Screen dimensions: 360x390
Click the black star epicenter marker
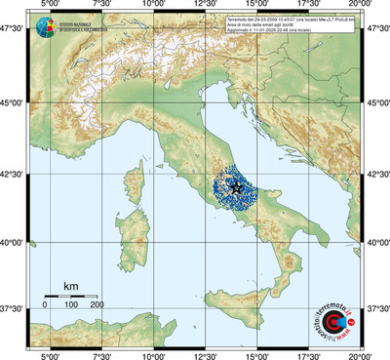coord(235,184)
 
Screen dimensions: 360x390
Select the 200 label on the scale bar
coord(97,305)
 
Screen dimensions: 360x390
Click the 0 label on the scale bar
coord(45,305)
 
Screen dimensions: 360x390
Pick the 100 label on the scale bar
coord(71,305)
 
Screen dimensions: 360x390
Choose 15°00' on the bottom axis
coord(257,355)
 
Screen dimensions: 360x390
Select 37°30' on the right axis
coord(376,308)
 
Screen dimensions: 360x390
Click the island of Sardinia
coord(131,233)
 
